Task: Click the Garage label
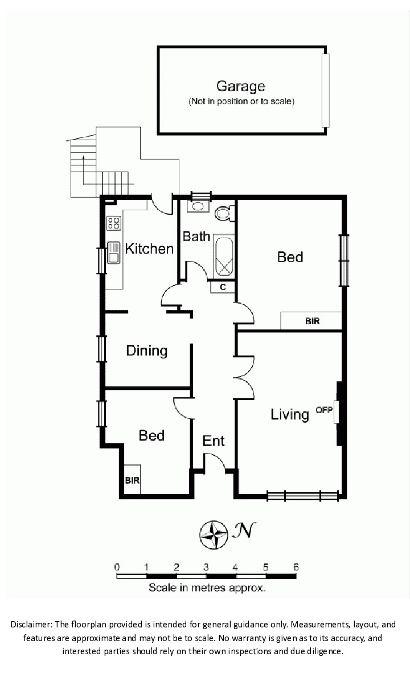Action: coord(241,86)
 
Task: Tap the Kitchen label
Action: coord(149,248)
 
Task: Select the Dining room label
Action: coord(147,351)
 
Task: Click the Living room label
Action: coord(289,415)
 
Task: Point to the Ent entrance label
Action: coord(213,441)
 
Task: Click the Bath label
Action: coord(196,236)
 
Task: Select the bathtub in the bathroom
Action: coord(223,256)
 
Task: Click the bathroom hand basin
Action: coord(198,206)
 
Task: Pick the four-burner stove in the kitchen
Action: coord(114,223)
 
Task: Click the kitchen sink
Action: coord(114,252)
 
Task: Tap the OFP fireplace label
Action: coord(324,410)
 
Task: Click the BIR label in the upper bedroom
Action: coord(312,321)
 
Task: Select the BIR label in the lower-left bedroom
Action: coord(132,480)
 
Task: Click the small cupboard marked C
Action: coord(223,287)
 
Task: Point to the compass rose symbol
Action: coord(214,535)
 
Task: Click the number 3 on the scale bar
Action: coord(206,568)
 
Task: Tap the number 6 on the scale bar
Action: coord(296,568)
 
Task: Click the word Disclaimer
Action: coord(31,625)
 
